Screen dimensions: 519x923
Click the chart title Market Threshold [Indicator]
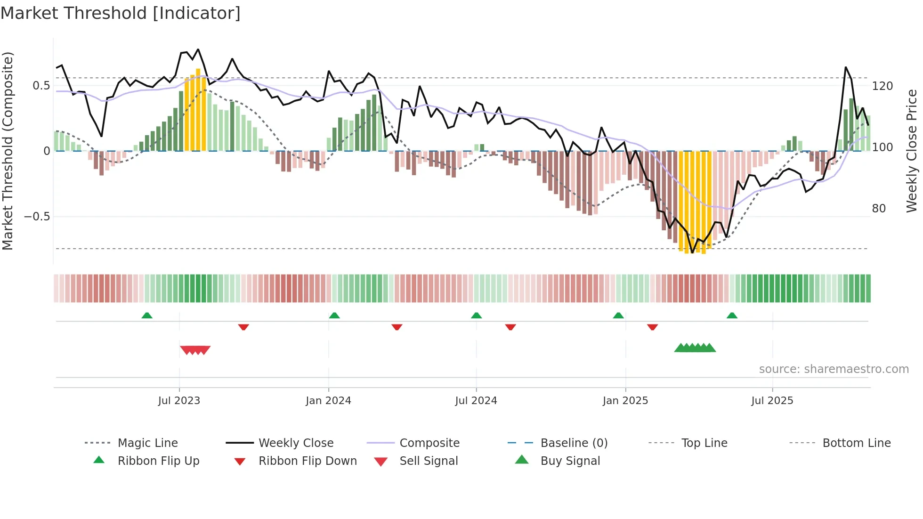click(121, 13)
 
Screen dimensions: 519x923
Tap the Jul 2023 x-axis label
click(179, 401)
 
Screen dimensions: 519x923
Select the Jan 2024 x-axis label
click(328, 401)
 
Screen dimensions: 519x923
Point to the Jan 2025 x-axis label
click(625, 401)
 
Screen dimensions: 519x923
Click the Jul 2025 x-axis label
click(772, 401)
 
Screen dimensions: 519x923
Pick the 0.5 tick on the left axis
click(41, 86)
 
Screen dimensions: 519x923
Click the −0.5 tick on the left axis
click(37, 217)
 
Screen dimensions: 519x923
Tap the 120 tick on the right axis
click(883, 86)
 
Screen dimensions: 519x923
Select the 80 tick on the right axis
click(879, 209)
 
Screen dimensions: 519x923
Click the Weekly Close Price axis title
click(912, 151)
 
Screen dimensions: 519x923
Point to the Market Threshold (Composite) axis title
click(8, 151)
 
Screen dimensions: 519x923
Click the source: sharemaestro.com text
click(834, 369)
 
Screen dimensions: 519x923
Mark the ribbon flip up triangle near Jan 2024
click(334, 315)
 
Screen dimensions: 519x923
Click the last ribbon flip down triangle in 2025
click(652, 327)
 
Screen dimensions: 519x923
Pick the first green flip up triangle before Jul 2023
click(147, 315)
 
